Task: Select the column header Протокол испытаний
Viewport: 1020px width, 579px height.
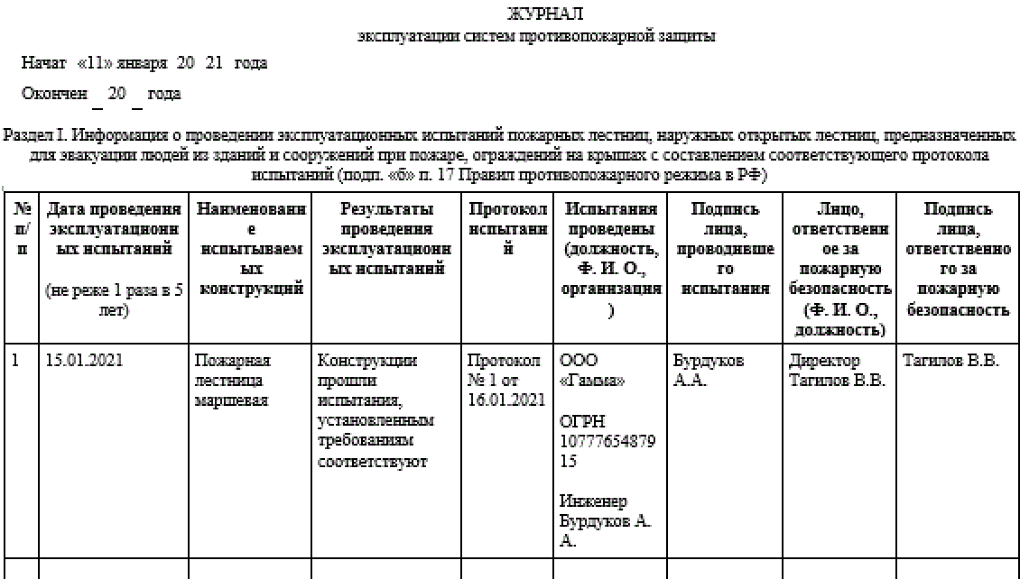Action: tap(507, 229)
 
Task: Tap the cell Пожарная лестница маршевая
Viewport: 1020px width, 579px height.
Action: tap(234, 381)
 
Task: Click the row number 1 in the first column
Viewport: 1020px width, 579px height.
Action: tap(16, 361)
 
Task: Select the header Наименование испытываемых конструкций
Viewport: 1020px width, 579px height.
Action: tap(251, 249)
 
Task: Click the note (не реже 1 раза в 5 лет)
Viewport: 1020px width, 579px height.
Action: tap(114, 300)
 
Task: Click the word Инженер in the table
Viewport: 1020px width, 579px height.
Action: tap(593, 501)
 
